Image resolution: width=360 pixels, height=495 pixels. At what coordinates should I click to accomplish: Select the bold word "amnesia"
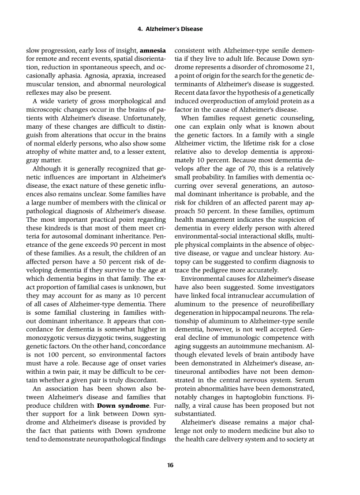click(x=153, y=51)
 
